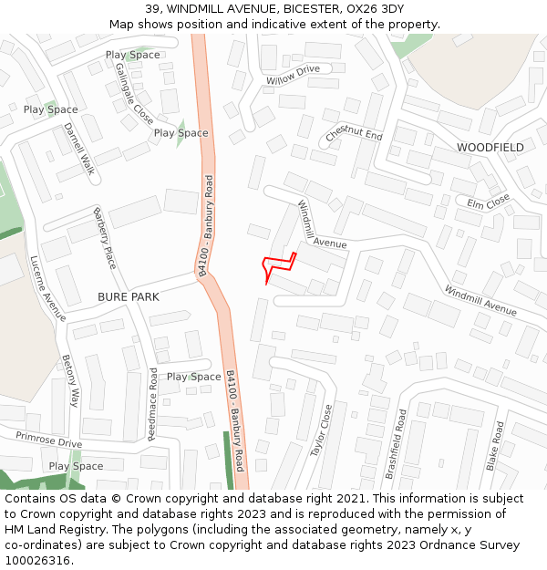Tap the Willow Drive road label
coord(293,75)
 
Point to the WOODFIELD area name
coord(490,147)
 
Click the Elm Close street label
coord(488,202)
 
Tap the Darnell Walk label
coord(79,150)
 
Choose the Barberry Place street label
coord(105,238)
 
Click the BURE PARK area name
coord(129,296)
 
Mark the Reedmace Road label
coord(153,404)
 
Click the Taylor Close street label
coord(321,430)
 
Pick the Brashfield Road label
coord(396,444)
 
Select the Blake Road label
coord(494,446)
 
